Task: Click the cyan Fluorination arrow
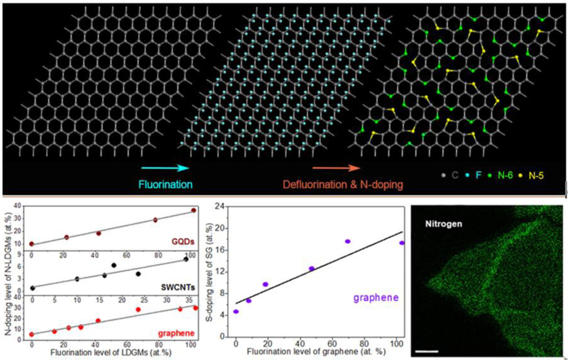pyautogui.click(x=164, y=168)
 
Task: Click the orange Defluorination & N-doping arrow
pyautogui.click(x=329, y=169)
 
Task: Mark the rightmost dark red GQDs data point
pyautogui.click(x=193, y=211)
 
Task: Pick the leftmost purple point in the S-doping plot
pyautogui.click(x=236, y=312)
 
